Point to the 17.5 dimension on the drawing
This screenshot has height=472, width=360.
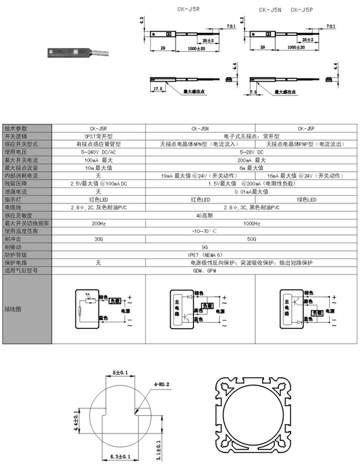click(158, 90)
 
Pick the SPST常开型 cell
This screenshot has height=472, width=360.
click(98, 136)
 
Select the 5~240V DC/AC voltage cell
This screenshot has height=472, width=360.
click(98, 152)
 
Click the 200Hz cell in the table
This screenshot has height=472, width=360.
click(98, 223)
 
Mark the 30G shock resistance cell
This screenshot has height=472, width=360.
click(98, 239)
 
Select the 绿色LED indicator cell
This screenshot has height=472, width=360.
click(306, 200)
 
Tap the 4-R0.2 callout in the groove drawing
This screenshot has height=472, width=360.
click(162, 383)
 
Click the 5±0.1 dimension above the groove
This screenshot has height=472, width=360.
click(121, 373)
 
